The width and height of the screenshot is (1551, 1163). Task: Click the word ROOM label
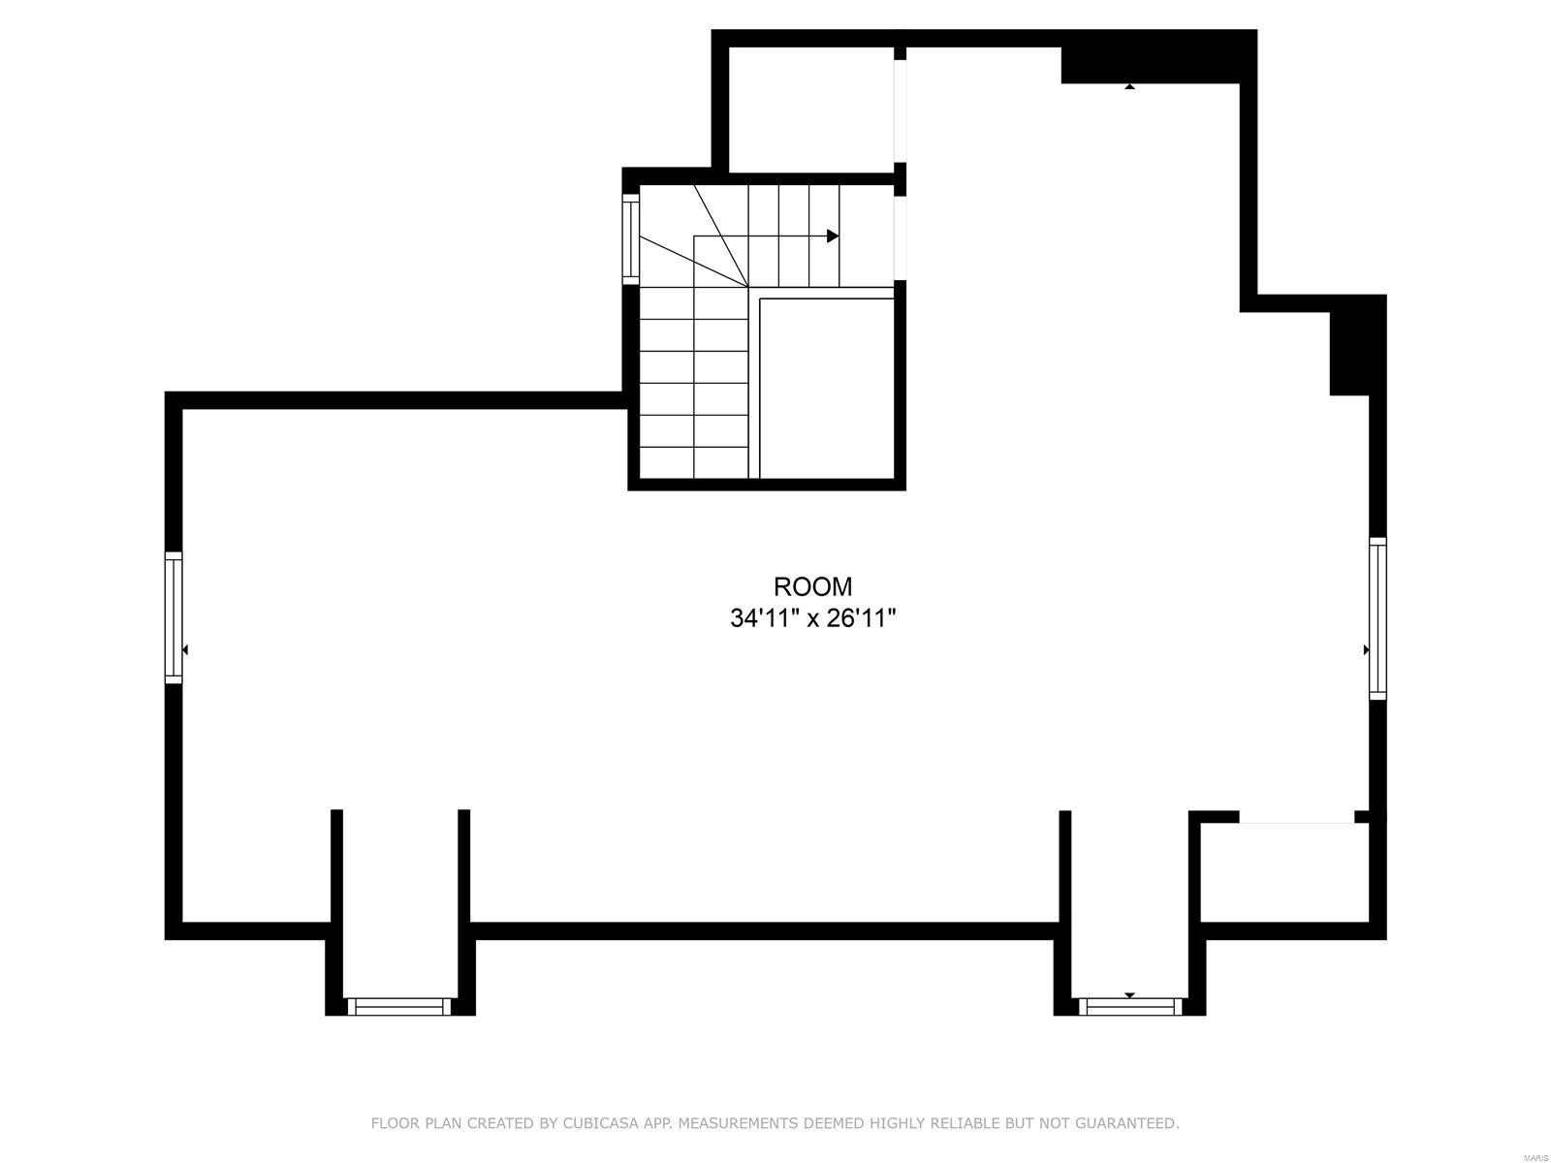812,586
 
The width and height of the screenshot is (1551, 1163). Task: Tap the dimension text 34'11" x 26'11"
812,618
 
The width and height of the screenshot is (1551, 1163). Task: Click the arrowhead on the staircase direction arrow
833,236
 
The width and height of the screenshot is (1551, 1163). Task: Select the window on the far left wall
174,617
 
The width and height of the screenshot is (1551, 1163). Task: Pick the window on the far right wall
1377,617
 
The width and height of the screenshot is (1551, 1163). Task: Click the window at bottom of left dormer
399,1007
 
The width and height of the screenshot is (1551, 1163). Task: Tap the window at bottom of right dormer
1130,1007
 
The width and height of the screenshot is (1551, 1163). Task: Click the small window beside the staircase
630,238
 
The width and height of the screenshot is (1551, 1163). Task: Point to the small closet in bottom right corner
1284,872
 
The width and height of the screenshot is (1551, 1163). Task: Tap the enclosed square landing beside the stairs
826,388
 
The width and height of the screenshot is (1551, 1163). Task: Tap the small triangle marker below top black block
1129,87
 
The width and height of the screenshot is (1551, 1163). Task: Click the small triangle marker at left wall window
185,649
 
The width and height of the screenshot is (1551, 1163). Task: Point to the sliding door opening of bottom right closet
1296,823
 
